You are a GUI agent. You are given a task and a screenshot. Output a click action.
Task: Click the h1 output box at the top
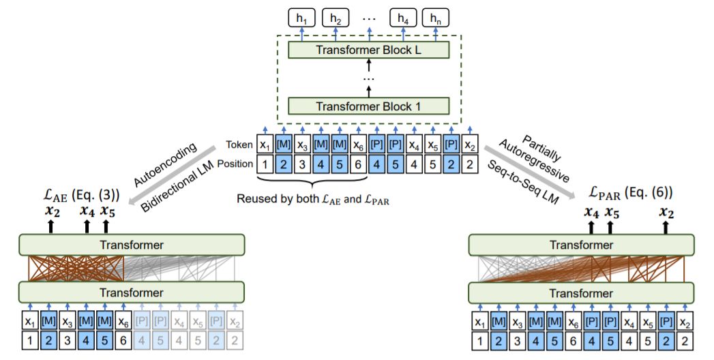[x=301, y=16]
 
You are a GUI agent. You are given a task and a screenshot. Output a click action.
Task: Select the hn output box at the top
[x=435, y=16]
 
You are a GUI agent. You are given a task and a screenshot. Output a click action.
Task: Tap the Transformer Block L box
[x=368, y=50]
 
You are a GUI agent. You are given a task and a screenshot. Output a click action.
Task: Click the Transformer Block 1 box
[x=368, y=106]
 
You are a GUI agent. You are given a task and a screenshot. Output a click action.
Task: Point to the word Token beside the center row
[x=239, y=144]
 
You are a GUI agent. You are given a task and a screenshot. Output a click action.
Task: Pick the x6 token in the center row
[x=357, y=145]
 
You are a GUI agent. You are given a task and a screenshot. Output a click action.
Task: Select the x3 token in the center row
[x=301, y=145]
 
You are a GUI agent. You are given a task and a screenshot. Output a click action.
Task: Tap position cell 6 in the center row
[x=357, y=164]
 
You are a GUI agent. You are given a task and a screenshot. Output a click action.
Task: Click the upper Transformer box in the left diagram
[x=131, y=244]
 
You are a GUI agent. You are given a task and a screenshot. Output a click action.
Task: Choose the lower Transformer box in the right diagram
[x=581, y=292]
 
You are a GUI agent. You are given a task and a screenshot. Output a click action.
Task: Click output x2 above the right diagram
[x=666, y=212]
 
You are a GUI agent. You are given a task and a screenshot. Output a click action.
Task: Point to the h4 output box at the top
[x=402, y=16]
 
